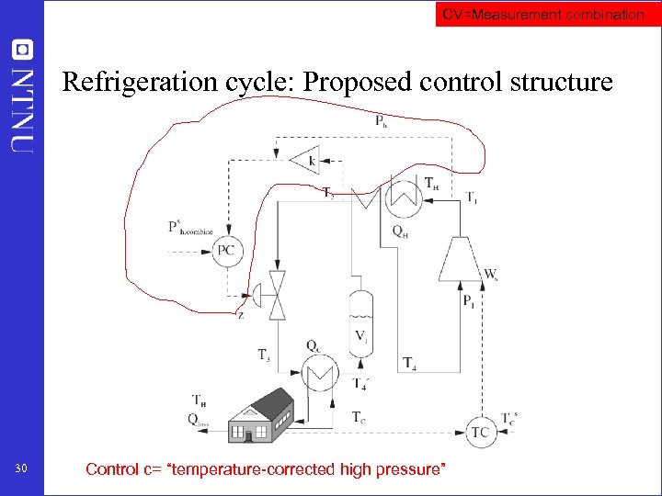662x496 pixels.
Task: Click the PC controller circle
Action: [x=226, y=251]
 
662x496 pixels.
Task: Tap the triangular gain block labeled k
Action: [x=305, y=161]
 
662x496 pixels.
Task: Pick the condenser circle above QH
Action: [x=401, y=196]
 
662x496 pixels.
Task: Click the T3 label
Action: [x=264, y=355]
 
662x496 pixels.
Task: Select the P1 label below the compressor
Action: [x=469, y=300]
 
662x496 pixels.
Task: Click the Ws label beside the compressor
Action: [x=491, y=274]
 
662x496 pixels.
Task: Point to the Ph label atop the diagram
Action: [x=382, y=120]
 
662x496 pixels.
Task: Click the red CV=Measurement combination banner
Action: [x=543, y=15]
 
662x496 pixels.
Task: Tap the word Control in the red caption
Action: [x=112, y=469]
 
